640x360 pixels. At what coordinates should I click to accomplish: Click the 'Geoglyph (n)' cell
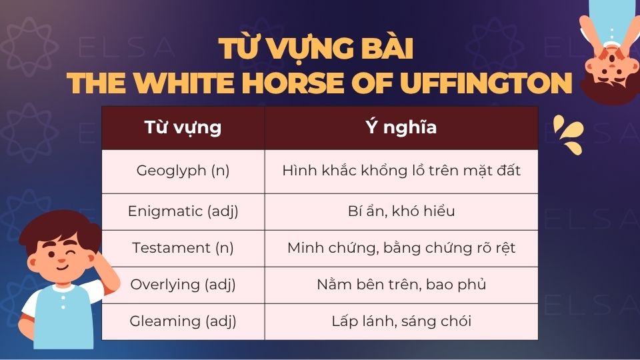(183, 171)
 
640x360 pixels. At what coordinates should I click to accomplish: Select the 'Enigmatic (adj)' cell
(183, 212)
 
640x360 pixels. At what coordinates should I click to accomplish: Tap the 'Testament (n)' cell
(183, 248)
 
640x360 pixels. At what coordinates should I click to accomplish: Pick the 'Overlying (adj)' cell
(183, 285)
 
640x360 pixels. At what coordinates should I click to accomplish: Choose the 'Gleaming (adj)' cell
(183, 321)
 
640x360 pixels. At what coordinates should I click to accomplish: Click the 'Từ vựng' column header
(183, 127)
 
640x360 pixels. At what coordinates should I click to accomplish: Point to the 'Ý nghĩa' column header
(401, 127)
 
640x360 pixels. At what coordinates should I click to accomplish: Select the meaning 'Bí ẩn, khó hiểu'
(401, 212)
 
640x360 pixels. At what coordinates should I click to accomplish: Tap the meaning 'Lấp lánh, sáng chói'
(401, 321)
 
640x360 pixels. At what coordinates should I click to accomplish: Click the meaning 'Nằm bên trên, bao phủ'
(401, 285)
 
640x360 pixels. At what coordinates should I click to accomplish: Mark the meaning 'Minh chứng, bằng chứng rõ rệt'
(401, 248)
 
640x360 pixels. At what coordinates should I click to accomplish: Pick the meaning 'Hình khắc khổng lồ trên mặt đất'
(401, 171)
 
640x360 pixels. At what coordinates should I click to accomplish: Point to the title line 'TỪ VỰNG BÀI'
(320, 50)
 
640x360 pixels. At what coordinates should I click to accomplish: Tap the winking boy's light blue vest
(63, 320)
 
